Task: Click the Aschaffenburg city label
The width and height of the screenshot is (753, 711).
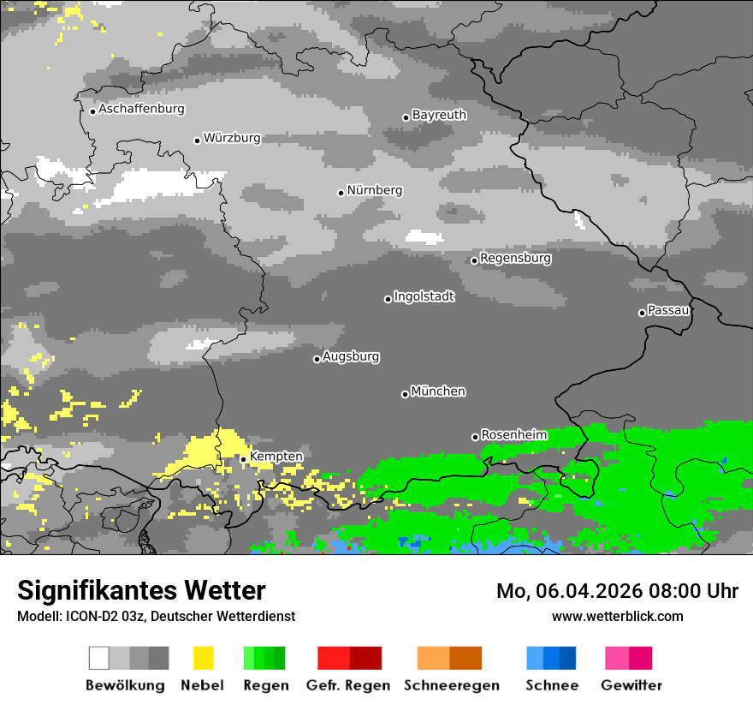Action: [x=141, y=109]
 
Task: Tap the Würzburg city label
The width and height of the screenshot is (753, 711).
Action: [x=232, y=138]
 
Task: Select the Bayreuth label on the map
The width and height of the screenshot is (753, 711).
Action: [x=439, y=115]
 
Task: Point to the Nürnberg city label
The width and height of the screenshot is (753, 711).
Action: [x=374, y=190]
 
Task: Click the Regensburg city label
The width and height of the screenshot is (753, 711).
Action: [x=515, y=258]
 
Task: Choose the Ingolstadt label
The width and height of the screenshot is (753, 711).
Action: [x=424, y=296]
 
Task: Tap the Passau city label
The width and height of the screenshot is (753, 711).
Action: [x=668, y=310]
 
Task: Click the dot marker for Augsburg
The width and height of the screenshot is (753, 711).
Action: [x=317, y=359]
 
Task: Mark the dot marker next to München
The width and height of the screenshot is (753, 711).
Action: [x=405, y=394]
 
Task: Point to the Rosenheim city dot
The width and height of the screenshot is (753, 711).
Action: [x=475, y=437]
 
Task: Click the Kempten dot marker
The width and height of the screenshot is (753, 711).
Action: [x=243, y=459]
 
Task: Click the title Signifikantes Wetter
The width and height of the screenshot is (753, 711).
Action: [x=141, y=590]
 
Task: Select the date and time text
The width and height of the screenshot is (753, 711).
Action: [x=617, y=591]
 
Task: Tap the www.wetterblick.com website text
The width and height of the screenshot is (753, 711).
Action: [x=617, y=616]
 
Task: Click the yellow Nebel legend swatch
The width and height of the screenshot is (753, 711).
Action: [x=203, y=658]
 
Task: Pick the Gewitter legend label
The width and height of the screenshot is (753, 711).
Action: [x=631, y=685]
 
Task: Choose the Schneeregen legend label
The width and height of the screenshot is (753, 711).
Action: [x=451, y=685]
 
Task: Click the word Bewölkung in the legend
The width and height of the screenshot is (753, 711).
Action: [x=125, y=685]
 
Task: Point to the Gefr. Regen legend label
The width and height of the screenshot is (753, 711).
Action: [x=347, y=685]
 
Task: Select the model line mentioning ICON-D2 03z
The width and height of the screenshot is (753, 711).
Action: [x=156, y=616]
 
